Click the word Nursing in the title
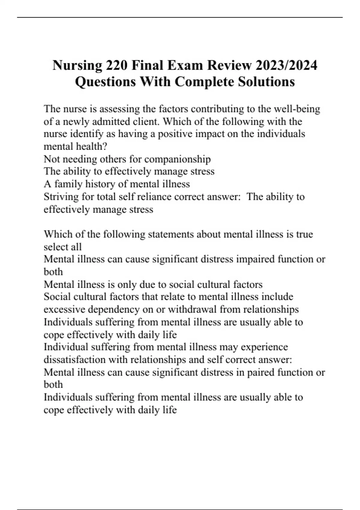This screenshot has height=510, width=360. [77, 65]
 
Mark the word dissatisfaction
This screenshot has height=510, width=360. [74, 359]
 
